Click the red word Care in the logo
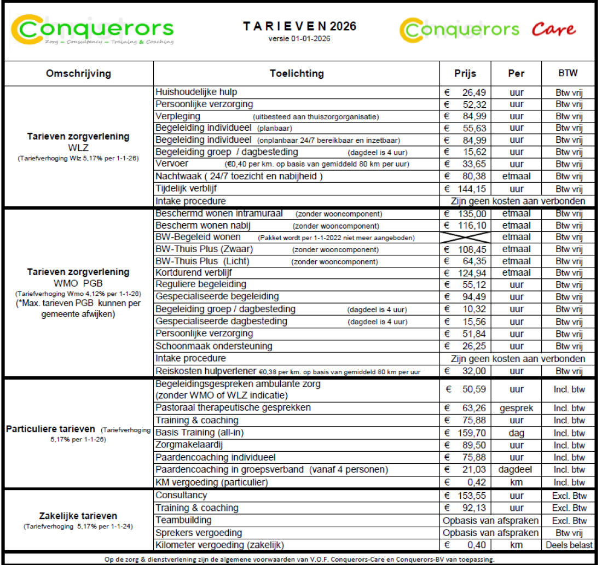553,30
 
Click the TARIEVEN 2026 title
299,26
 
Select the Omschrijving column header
79,73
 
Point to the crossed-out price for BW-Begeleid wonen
465,237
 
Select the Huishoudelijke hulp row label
196,92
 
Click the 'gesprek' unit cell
516,408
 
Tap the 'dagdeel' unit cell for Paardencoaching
516,470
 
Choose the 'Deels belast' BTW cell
569,545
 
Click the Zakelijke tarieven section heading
78,516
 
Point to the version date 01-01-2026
299,39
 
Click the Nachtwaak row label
239,176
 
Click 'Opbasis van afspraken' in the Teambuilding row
490,520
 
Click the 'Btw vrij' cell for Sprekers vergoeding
569,533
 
